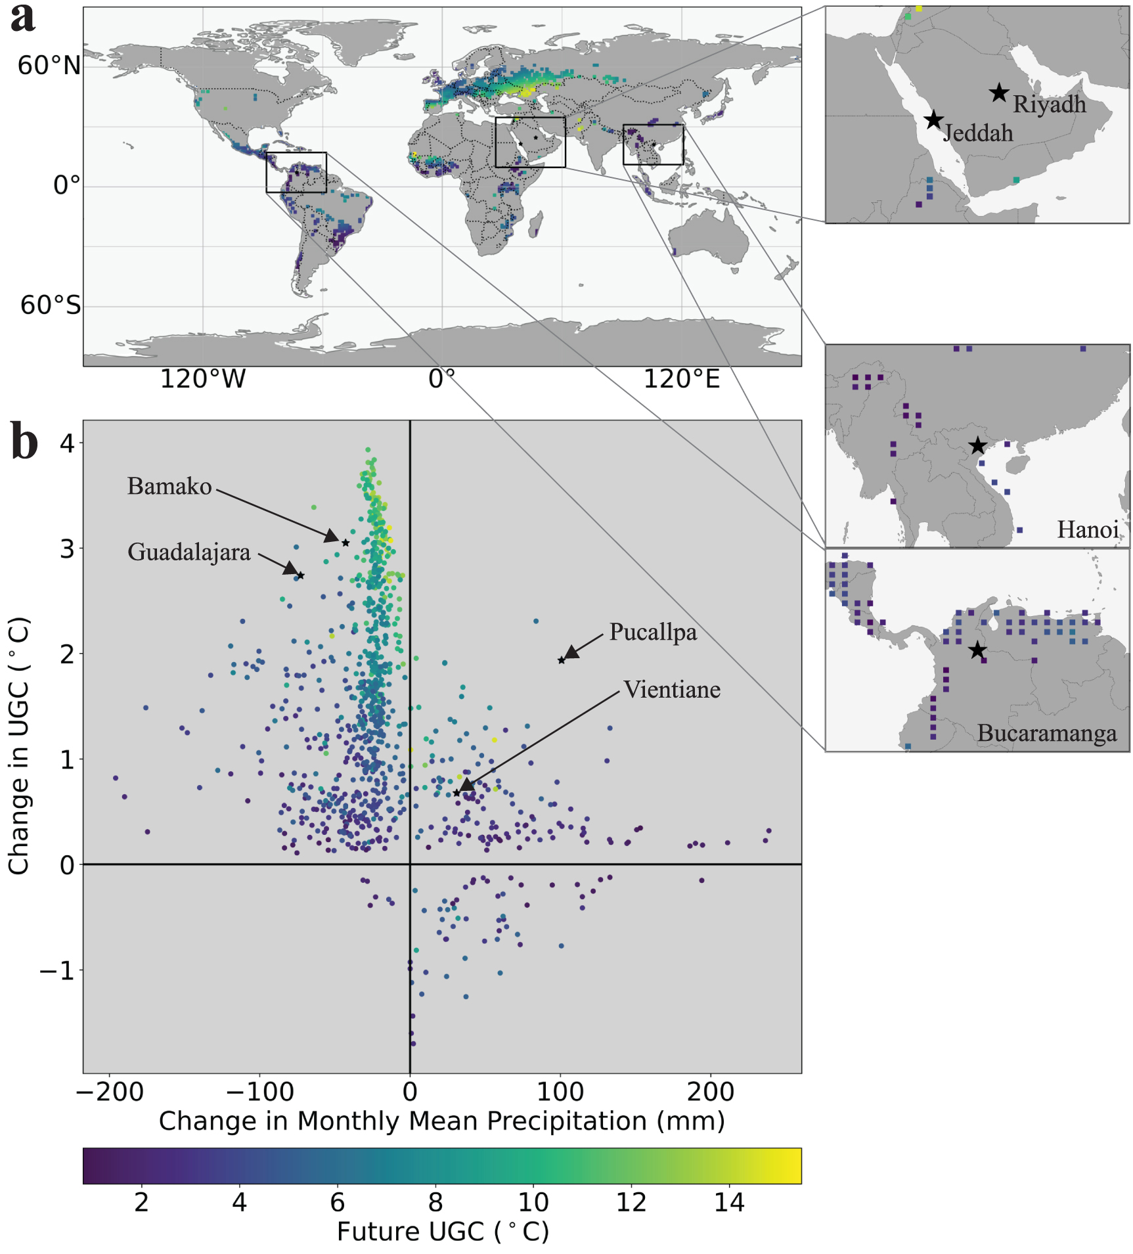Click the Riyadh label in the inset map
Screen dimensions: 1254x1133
(x=1049, y=104)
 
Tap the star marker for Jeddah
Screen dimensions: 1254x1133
(x=933, y=120)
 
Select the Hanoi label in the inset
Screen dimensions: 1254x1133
(x=1087, y=529)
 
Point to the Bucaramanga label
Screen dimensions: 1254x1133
(x=1046, y=733)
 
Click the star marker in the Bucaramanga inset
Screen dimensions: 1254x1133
(x=977, y=650)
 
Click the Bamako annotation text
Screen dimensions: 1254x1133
(x=169, y=487)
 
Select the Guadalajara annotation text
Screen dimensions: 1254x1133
(x=189, y=552)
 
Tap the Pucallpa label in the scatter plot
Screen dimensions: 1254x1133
(x=653, y=632)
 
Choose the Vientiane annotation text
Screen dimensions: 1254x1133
(x=672, y=690)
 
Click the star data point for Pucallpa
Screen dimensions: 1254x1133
(x=562, y=660)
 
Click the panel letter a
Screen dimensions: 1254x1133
(x=23, y=18)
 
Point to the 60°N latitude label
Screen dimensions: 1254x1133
(x=49, y=66)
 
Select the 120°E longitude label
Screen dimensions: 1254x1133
(x=681, y=380)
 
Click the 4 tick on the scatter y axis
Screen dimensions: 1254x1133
(x=67, y=443)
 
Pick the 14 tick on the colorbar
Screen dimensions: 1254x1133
(x=729, y=1203)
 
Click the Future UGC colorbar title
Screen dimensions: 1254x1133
(x=442, y=1232)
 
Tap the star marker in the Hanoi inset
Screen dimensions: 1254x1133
(x=977, y=446)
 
